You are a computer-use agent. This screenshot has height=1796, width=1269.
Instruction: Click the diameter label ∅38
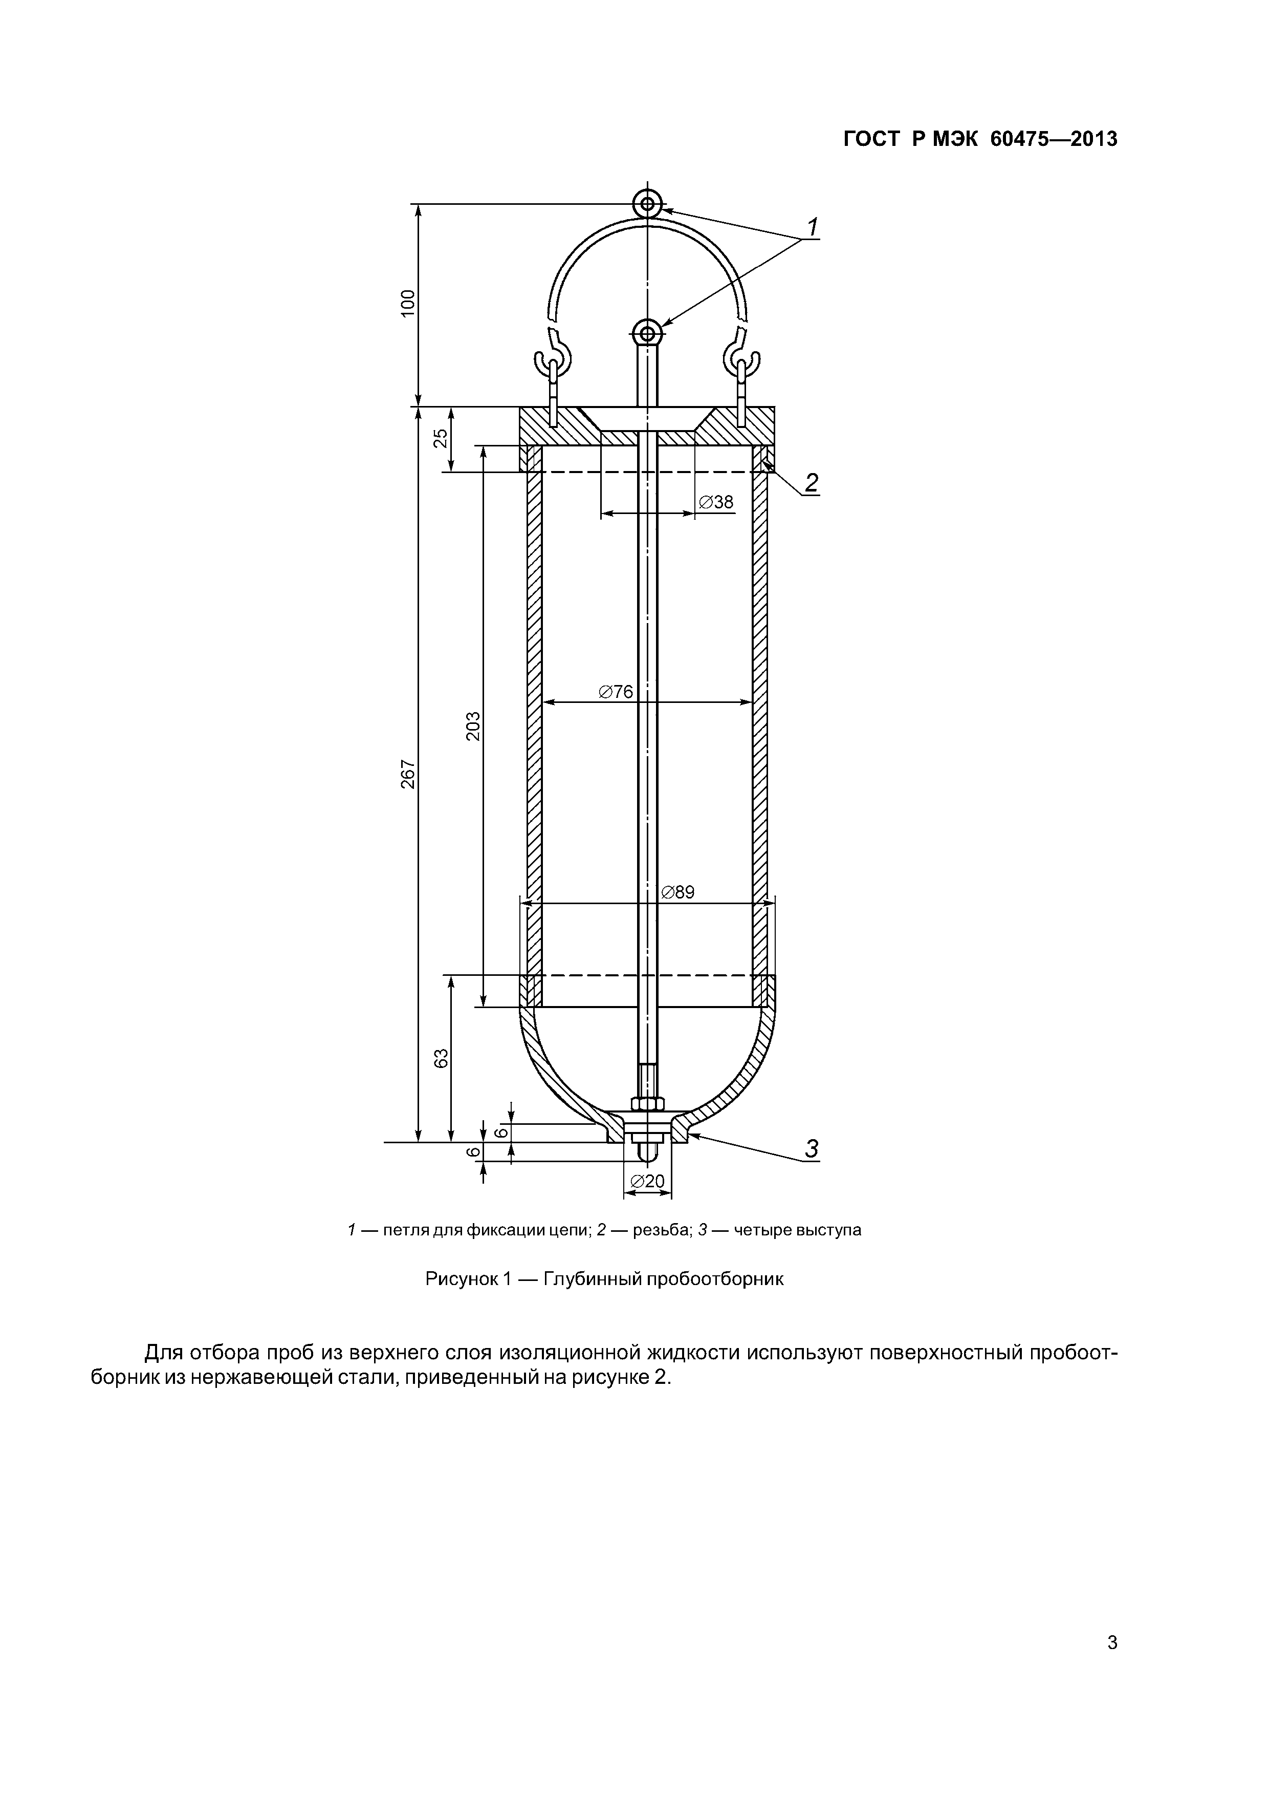(x=716, y=502)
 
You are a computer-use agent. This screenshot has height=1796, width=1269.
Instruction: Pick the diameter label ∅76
(x=616, y=692)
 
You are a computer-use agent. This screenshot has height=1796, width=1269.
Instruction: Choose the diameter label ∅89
(x=677, y=892)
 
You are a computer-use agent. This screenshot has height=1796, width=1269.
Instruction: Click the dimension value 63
(x=441, y=1058)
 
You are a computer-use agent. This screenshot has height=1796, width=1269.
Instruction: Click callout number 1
(x=813, y=228)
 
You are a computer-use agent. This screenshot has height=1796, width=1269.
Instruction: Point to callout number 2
(x=812, y=483)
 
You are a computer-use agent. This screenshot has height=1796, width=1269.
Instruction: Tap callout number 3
(x=812, y=1149)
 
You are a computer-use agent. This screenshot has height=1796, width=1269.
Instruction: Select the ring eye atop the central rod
(x=647, y=334)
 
